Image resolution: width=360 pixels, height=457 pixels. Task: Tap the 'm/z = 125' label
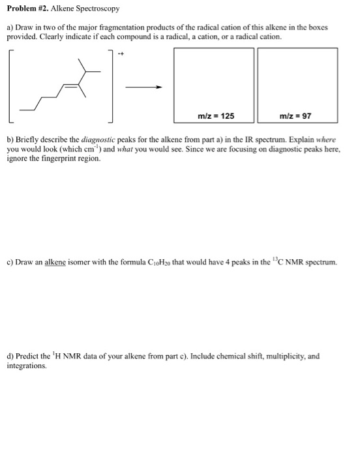[216, 116]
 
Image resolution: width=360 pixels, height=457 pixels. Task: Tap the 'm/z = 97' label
[298, 116]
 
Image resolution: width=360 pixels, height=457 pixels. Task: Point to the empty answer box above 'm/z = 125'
[216, 78]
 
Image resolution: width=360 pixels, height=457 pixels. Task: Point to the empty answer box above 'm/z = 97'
[298, 78]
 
